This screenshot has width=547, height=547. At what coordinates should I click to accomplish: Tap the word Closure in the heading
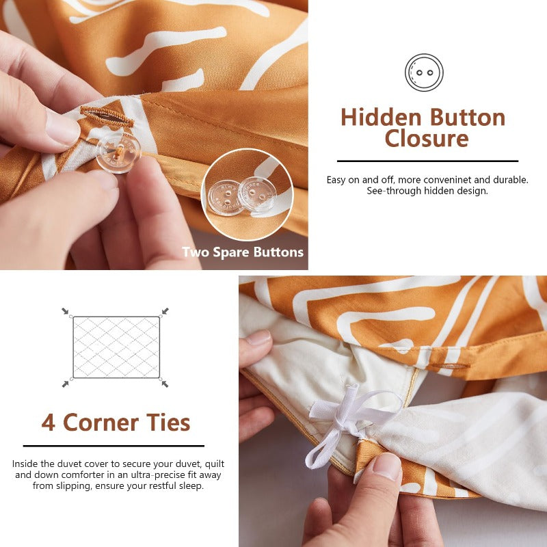(427, 139)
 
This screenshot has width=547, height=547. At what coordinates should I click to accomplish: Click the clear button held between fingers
(118, 152)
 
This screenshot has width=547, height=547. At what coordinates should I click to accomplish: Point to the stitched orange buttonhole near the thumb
(107, 117)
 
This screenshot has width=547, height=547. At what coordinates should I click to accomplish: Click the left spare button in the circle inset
(226, 198)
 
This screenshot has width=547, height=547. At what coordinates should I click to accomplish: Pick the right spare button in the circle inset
(257, 194)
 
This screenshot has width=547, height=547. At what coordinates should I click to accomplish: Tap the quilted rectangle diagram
(116, 347)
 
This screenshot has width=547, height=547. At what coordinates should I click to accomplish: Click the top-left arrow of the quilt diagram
(65, 311)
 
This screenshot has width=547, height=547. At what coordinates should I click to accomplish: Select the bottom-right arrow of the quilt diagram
(165, 384)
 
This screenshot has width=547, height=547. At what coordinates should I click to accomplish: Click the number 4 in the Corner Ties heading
(48, 423)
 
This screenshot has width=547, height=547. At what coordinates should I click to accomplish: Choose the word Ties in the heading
(168, 423)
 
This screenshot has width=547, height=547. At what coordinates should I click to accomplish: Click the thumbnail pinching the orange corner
(386, 466)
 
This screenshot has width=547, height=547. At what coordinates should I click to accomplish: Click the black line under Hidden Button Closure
(428, 161)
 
